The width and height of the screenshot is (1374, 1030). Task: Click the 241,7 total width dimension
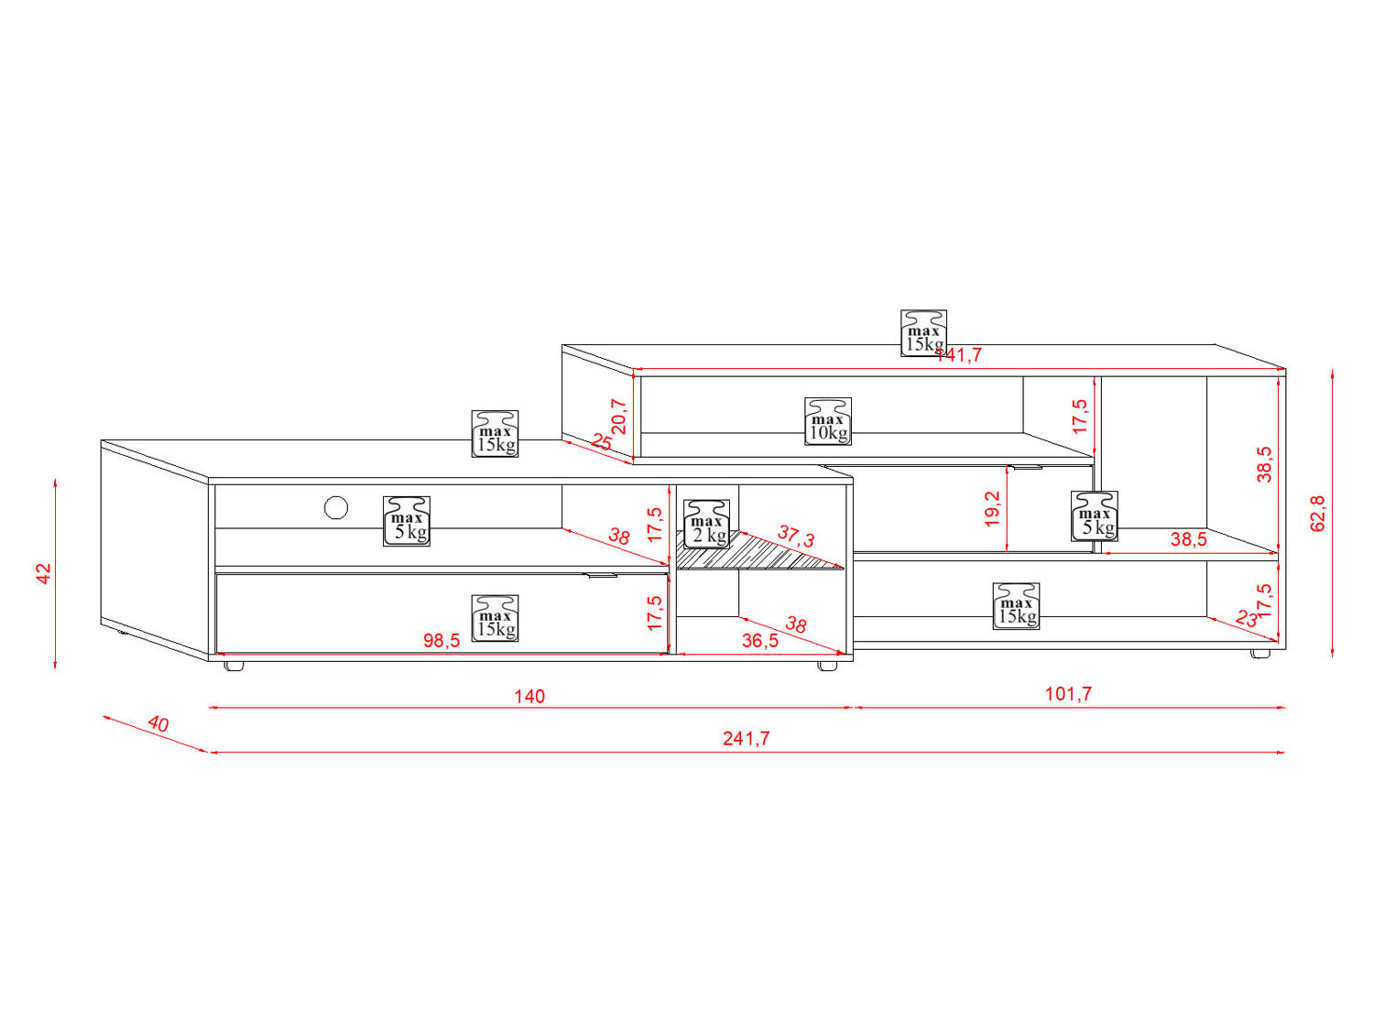point(746,738)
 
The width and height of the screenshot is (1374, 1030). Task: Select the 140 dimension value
point(529,696)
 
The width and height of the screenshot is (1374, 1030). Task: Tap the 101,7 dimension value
point(1068,693)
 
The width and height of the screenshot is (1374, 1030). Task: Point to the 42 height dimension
point(44,573)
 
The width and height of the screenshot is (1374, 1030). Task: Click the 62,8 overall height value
point(1317,513)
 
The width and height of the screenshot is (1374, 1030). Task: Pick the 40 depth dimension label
point(158,724)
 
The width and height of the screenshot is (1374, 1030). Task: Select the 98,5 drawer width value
point(442,641)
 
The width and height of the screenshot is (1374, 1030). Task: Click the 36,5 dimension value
point(759,641)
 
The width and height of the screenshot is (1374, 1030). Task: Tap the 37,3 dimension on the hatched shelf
point(795,536)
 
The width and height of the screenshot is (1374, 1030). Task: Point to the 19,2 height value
point(992,509)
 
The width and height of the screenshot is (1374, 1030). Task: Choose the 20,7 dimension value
point(619,417)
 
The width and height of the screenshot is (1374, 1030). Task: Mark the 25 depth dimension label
point(601,442)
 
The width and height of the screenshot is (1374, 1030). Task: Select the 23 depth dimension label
point(1246,619)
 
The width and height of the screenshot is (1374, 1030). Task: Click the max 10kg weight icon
point(828,421)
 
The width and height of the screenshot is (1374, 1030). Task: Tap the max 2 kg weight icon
point(707,524)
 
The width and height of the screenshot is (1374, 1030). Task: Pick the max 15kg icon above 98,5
point(495,618)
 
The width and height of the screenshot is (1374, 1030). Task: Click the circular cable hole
point(336,507)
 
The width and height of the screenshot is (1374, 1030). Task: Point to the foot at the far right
point(1260,654)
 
